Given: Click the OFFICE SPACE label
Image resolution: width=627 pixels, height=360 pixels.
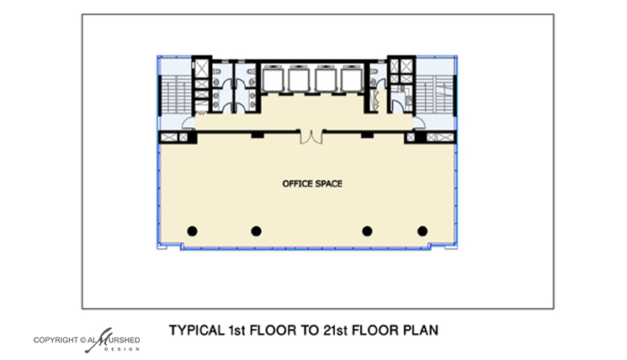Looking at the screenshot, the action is (x=312, y=184).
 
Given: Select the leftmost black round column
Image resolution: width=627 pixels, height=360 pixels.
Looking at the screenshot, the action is (x=193, y=231).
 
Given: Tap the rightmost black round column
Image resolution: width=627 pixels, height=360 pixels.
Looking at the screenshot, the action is (x=422, y=231).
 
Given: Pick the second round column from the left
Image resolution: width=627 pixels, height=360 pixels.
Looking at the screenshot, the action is (x=257, y=231).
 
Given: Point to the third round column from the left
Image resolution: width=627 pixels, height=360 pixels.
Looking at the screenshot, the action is (x=367, y=231).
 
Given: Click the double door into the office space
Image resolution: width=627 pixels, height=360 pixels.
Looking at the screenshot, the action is (x=311, y=136).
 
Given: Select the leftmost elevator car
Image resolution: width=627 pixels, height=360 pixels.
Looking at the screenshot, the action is (x=274, y=79).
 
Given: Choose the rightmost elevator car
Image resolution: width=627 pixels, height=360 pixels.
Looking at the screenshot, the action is (x=351, y=79).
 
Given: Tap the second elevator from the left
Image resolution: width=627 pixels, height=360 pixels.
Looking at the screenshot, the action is (x=299, y=79).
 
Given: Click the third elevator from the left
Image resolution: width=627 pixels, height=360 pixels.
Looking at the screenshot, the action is (x=325, y=79).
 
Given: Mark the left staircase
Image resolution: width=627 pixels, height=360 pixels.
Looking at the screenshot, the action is (x=176, y=94).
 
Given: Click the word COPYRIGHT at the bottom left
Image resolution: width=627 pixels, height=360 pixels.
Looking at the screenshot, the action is (x=56, y=340).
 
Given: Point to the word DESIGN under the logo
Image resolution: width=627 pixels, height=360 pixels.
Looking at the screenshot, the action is (x=122, y=349).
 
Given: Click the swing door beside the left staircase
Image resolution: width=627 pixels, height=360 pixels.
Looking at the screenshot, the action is (x=188, y=123).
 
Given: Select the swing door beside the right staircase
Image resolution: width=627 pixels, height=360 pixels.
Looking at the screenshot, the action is (x=419, y=122).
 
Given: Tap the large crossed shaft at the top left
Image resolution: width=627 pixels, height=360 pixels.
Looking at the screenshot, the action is (x=201, y=68).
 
